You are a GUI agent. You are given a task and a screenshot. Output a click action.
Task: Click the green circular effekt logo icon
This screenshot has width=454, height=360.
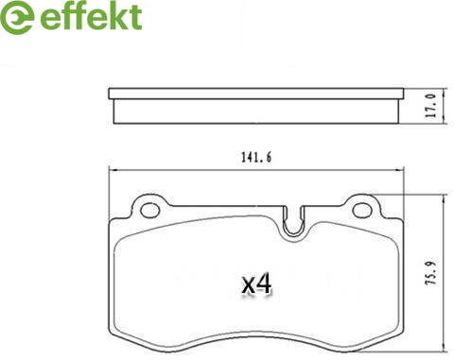point(17,17)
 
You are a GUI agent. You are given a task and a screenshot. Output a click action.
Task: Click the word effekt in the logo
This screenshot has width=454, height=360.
point(91,17)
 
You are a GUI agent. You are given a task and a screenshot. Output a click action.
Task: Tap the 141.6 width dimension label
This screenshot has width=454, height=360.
point(256,157)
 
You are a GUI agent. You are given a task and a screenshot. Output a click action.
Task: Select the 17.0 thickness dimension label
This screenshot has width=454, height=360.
point(431,106)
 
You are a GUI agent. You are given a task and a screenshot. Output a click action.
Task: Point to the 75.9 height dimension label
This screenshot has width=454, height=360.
point(431,273)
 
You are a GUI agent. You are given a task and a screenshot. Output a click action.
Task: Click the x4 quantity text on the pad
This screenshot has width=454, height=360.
point(256,283)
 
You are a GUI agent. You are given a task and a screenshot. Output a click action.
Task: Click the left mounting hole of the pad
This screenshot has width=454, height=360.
point(149,211)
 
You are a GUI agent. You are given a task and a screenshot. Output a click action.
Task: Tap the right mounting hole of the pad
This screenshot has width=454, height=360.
point(361,211)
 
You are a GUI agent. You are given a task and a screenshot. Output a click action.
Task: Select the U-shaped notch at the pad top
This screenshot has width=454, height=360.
point(293,222)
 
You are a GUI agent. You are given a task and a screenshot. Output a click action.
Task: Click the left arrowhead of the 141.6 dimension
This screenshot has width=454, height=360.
point(113,170)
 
